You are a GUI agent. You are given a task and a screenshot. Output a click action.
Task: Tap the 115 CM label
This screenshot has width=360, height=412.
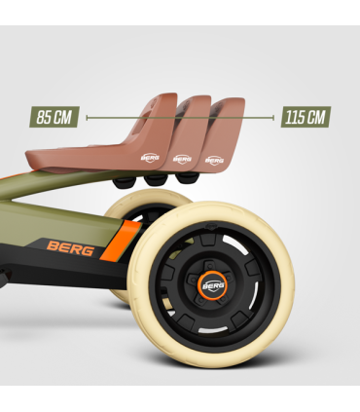tap(306, 117)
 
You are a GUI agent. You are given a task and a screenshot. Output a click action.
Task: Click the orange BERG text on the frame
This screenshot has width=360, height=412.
tap(71, 248)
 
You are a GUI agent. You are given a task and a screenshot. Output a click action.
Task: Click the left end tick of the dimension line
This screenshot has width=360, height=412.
tap(87, 117)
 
